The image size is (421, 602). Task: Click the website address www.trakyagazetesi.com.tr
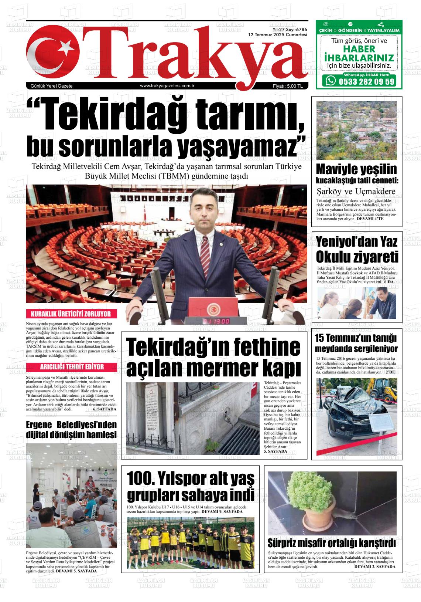click(x=167, y=86)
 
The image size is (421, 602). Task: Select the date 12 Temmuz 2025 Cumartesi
click(x=277, y=35)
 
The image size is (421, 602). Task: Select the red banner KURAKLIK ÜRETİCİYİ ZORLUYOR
click(x=71, y=314)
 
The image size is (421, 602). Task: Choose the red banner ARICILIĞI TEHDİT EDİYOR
click(x=72, y=367)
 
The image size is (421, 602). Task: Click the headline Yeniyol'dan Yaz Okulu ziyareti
click(x=357, y=250)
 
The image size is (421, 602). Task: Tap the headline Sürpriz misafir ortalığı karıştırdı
click(x=331, y=543)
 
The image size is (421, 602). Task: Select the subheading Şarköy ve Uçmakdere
click(x=356, y=192)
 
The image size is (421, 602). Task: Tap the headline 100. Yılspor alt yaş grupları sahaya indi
click(x=191, y=486)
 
